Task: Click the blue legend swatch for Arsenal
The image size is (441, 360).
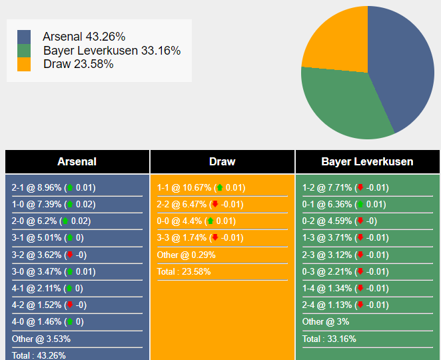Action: pyautogui.click(x=24, y=37)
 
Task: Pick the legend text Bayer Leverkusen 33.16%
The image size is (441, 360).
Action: pyautogui.click(x=112, y=51)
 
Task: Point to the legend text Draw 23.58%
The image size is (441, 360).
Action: pyautogui.click(x=78, y=64)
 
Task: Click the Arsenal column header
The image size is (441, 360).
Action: pyautogui.click(x=77, y=161)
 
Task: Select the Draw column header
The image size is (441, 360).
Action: pyautogui.click(x=222, y=161)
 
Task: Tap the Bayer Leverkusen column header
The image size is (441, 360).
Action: pyautogui.click(x=367, y=161)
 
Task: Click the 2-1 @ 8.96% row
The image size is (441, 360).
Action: pyautogui.click(x=53, y=188)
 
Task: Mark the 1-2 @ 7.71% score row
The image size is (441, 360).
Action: pyautogui.click(x=344, y=188)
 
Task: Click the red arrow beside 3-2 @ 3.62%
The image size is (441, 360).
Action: pyautogui.click(x=69, y=255)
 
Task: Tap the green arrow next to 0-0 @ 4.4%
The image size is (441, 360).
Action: pyautogui.click(x=210, y=221)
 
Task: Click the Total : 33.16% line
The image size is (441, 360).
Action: pyautogui.click(x=329, y=339)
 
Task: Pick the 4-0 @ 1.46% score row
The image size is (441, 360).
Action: pyautogui.click(x=47, y=322)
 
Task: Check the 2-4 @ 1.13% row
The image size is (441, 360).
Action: pyautogui.click(x=344, y=305)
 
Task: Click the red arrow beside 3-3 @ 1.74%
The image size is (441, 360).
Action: pyautogui.click(x=215, y=238)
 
